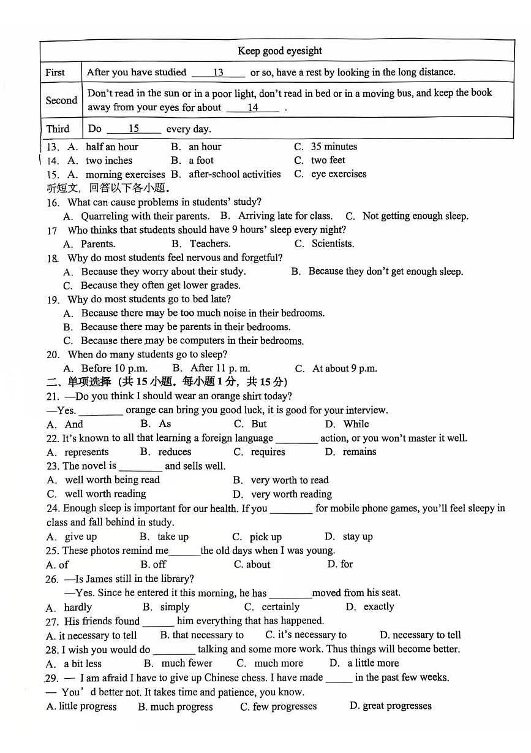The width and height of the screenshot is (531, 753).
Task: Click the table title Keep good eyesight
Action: pyautogui.click(x=279, y=51)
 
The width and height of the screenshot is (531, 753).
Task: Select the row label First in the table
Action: pyautogui.click(x=55, y=72)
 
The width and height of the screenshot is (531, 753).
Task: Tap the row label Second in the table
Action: pyautogui.click(x=61, y=101)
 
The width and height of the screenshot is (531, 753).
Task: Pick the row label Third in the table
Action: pyautogui.click(x=58, y=129)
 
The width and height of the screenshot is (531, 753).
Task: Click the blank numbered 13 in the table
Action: pyautogui.click(x=218, y=72)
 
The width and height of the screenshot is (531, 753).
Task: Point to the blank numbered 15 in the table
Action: pyautogui.click(x=134, y=129)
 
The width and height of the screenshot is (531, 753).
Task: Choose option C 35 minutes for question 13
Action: pyautogui.click(x=333, y=147)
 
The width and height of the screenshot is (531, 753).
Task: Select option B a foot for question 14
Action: pyautogui.click(x=201, y=161)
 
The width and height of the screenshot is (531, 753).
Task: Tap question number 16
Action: pyautogui.click(x=53, y=203)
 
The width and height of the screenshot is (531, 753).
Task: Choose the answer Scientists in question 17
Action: pyautogui.click(x=333, y=244)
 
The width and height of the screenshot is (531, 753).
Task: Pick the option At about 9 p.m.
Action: pyautogui.click(x=344, y=369)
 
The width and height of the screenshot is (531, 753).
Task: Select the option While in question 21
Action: pyautogui.click(x=356, y=424)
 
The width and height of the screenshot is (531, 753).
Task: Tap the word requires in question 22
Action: pyautogui.click(x=268, y=452)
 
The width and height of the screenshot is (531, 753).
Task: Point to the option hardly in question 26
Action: pyautogui.click(x=78, y=607)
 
